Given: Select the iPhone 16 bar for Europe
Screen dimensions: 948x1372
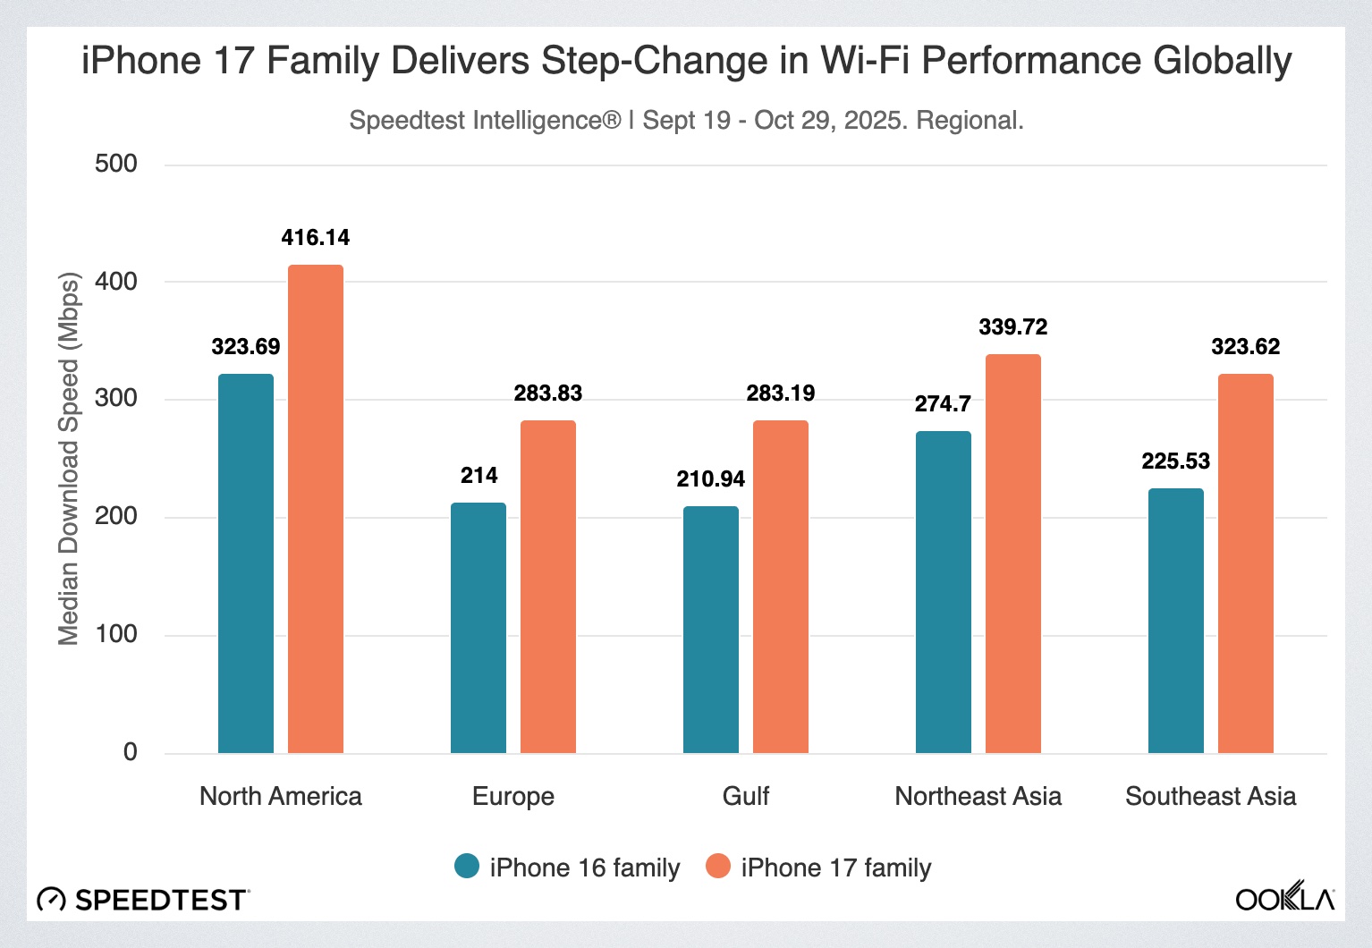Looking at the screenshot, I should tap(479, 627).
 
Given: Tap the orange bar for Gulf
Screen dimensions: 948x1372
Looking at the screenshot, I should tap(781, 586).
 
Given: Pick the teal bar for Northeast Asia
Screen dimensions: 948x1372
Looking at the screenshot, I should tap(944, 591).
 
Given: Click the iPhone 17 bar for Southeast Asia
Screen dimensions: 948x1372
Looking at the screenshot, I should tap(1246, 563).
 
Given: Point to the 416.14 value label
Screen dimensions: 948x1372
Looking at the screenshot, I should tap(316, 238).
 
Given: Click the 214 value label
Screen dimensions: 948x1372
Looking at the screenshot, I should tap(479, 476).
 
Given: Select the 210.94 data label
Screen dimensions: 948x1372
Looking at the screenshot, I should tap(711, 479).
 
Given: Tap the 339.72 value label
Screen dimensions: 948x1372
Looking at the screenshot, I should tap(1013, 327).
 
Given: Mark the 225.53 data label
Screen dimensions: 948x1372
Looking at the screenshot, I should tap(1176, 461).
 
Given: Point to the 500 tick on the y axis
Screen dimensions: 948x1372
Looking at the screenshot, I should tap(116, 164).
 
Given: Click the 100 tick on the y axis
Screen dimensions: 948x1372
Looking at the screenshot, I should tap(116, 634).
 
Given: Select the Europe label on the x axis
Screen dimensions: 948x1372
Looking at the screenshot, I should tap(513, 796).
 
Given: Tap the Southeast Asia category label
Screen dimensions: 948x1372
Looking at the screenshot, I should tap(1210, 796).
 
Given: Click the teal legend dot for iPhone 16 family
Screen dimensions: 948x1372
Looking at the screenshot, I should tap(467, 866).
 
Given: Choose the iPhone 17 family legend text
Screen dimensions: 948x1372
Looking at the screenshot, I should tap(836, 868).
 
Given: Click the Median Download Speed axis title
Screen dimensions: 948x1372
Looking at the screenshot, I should tap(69, 458).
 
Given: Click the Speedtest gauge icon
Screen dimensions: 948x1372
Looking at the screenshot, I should tap(52, 899).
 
